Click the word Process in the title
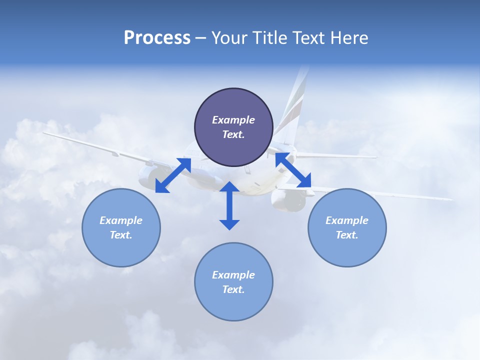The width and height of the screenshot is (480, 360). pyautogui.click(x=157, y=38)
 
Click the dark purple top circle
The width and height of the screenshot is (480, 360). pyautogui.click(x=233, y=127)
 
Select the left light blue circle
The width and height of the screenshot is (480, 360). pyautogui.click(x=121, y=227)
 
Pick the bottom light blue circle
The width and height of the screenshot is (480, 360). pyautogui.click(x=233, y=282)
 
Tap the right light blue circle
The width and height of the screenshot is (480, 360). pyautogui.click(x=347, y=227)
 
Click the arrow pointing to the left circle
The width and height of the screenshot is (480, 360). pyautogui.click(x=173, y=175)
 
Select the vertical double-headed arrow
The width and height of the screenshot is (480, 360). pyautogui.click(x=229, y=205)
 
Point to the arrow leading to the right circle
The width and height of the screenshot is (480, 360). pyautogui.click(x=293, y=170)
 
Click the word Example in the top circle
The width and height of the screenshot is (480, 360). pyautogui.click(x=233, y=120)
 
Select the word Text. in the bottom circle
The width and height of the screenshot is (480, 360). pyautogui.click(x=233, y=289)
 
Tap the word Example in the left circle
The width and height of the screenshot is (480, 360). pyautogui.click(x=121, y=220)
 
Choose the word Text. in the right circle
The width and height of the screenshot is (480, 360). pyautogui.click(x=347, y=235)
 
